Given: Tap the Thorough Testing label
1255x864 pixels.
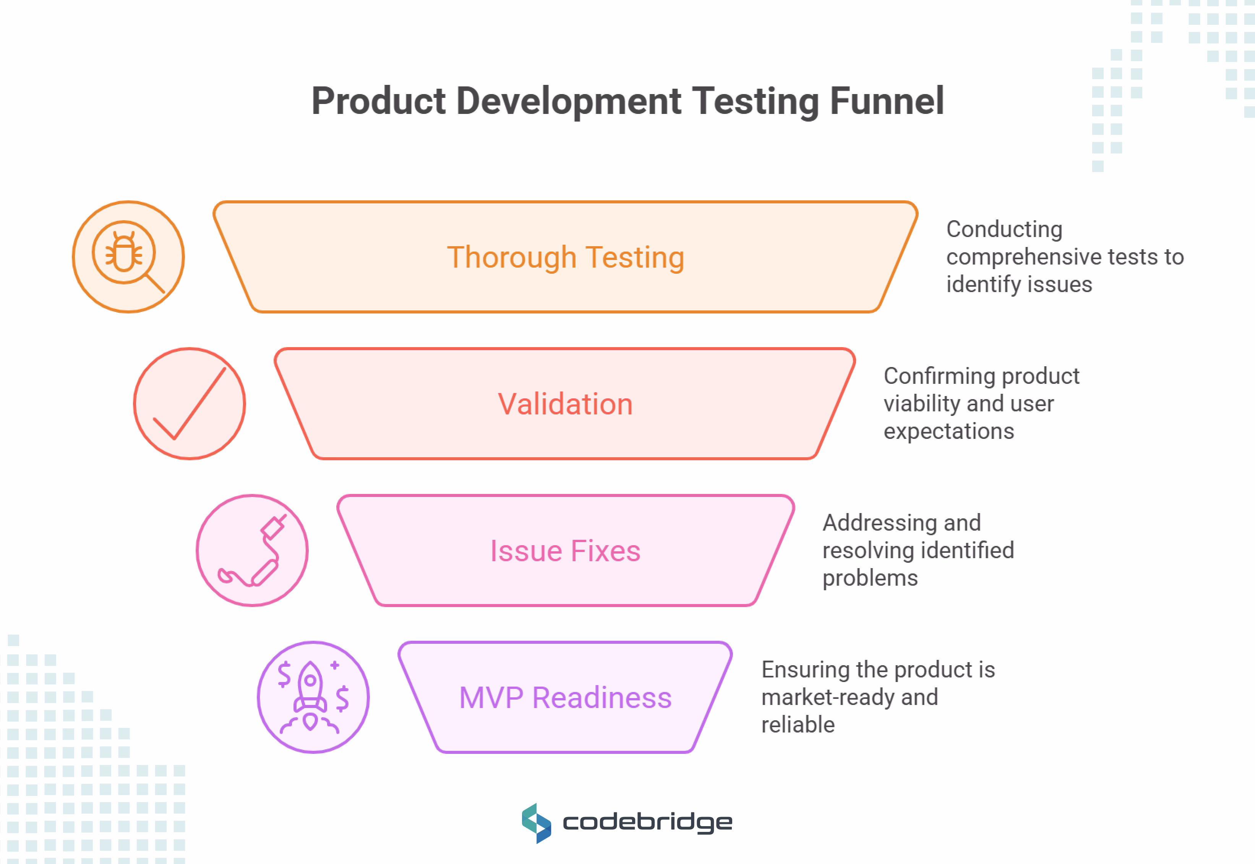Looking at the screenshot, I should click(566, 257).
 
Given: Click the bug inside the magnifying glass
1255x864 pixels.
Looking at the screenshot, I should click(124, 252).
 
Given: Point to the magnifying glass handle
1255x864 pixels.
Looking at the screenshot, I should click(155, 283).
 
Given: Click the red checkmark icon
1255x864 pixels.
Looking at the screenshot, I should click(190, 404).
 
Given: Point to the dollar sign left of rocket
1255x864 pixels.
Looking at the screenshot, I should click(284, 674).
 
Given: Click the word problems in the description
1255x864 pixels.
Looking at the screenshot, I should click(870, 578).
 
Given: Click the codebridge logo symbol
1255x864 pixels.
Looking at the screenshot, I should click(536, 823).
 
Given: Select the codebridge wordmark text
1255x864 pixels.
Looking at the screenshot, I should click(647, 823).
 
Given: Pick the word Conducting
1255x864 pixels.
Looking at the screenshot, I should click(1004, 229).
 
